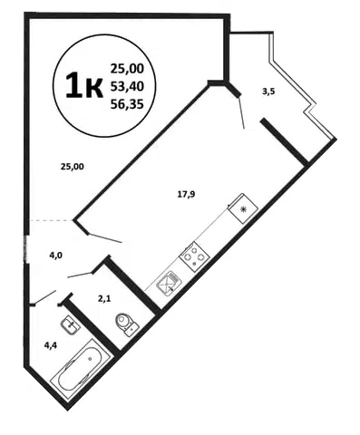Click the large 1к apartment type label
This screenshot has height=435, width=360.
pos(84,86)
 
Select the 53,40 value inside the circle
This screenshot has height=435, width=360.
pos(127,87)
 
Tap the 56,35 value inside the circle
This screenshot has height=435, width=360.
pos(127,104)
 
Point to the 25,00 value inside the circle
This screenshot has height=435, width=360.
pos(127,69)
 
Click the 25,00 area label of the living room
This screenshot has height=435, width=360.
pos(73,166)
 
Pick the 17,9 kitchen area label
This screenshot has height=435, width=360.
pos(186,194)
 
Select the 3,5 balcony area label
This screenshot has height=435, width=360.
pos(268,92)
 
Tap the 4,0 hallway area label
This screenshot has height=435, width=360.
pos(56,256)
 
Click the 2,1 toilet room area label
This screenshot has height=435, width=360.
pos(104,299)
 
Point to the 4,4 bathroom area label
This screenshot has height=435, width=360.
pos(51,345)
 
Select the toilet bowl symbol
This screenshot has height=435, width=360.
pos(127,324)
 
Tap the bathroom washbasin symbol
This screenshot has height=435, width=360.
pos(71,324)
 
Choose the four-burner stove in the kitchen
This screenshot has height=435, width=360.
pos(194,256)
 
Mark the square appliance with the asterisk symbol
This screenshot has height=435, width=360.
pos(243,208)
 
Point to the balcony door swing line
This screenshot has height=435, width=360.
pos(241,111)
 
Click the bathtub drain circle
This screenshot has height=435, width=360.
pos(90,359)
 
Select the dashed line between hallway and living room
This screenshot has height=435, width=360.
pos(51,221)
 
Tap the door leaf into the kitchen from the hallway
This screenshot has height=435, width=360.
pos(105,238)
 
